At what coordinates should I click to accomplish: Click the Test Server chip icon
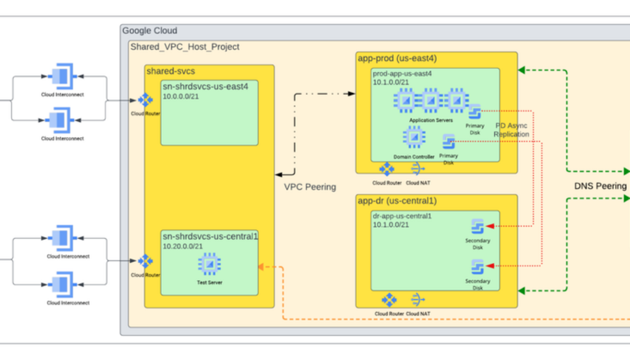[210, 264]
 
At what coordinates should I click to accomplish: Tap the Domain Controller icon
[414, 137]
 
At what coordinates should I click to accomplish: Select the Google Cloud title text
[150, 31]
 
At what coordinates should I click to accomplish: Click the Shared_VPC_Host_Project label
[185, 47]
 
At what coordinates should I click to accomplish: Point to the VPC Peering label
[310, 186]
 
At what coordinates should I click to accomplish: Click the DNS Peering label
[600, 186]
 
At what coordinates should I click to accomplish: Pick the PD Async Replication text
[511, 130]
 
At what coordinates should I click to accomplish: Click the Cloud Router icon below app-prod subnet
[387, 169]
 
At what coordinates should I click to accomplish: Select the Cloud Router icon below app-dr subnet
[389, 300]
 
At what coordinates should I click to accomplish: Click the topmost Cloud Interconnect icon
[62, 77]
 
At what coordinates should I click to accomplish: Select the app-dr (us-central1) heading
[397, 201]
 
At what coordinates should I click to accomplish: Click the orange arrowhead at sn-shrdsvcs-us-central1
[261, 266]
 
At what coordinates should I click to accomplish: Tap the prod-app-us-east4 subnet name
[402, 73]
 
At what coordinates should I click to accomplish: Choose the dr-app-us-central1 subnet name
[402, 216]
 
